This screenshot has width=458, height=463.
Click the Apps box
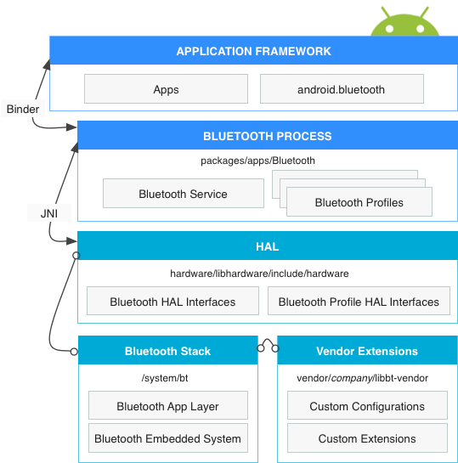click(166, 89)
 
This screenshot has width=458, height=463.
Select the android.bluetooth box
click(341, 89)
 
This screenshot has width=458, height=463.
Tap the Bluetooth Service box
click(183, 194)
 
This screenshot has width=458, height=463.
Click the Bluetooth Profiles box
click(359, 202)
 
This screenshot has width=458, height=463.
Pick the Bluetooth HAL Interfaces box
click(172, 302)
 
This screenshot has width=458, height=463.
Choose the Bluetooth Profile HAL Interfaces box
click(359, 302)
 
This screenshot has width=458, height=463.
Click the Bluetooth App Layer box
click(167, 406)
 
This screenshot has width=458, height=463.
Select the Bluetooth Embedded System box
click(167, 439)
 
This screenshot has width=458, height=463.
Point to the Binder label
click(22, 110)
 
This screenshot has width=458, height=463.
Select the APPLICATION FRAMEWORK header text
click(253, 52)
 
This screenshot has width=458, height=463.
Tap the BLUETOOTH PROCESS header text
click(267, 136)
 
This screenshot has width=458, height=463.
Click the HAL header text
click(267, 247)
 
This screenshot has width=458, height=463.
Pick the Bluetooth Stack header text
click(167, 351)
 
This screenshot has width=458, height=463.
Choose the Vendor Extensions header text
click(367, 351)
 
